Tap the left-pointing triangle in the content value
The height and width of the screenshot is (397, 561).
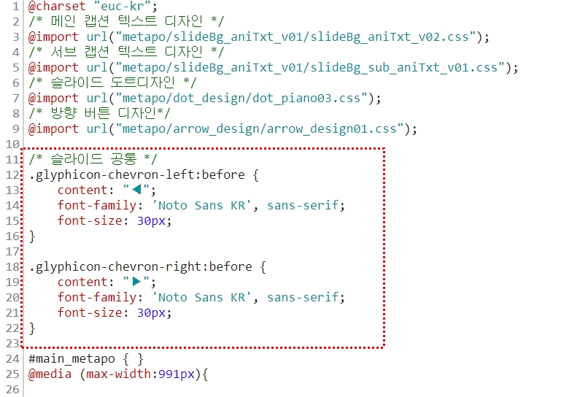pyautogui.click(x=136, y=190)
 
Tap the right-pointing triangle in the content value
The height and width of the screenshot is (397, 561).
pyautogui.click(x=136, y=282)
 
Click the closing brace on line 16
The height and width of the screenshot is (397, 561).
pyautogui.click(x=32, y=236)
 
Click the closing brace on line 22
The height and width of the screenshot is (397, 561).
pyautogui.click(x=32, y=328)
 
